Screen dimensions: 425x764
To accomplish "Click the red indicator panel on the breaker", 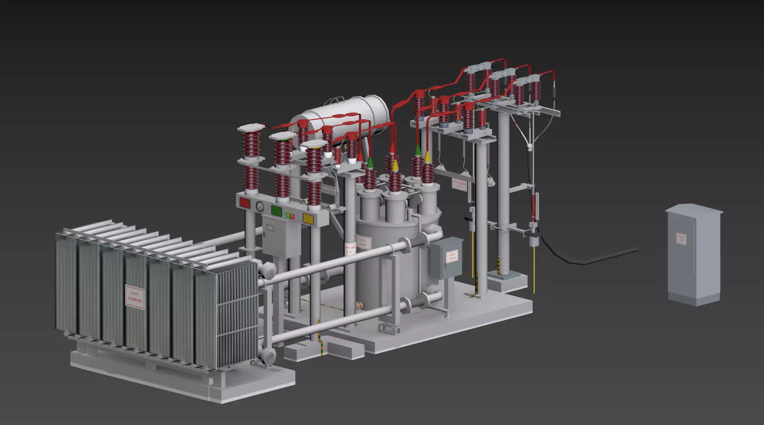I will click(245, 202).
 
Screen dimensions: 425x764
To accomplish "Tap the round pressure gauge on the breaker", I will click(260, 206).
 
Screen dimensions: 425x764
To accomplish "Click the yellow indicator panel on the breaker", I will click(308, 218).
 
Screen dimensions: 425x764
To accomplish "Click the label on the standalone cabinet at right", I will click(681, 238).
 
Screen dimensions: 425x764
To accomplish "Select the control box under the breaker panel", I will click(275, 236).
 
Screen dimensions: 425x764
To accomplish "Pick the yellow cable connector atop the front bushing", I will click(395, 165).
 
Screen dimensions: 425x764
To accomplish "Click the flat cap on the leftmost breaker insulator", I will click(250, 128).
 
